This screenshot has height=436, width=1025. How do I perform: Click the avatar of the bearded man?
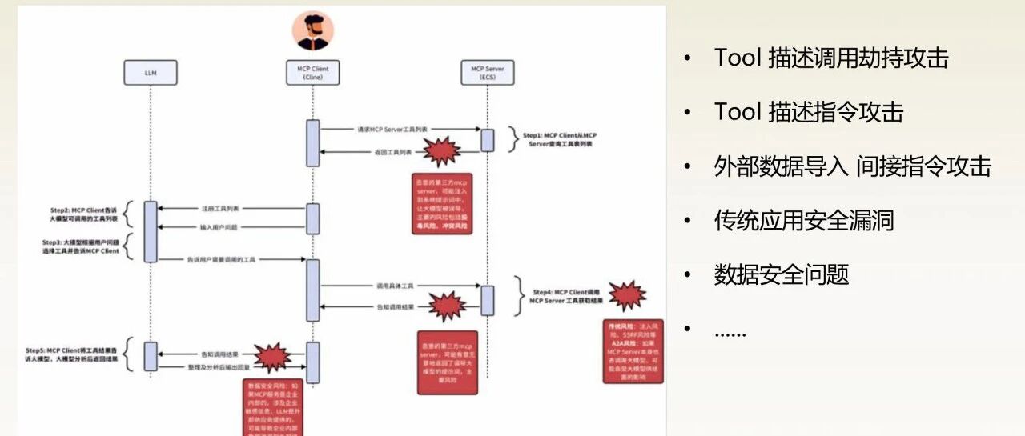point(312,30)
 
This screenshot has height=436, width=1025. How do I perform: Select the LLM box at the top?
point(150,74)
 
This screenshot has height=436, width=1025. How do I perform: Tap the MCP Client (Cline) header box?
point(312,74)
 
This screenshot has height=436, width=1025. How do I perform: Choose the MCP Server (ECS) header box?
point(487,74)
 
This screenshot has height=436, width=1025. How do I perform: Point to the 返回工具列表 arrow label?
point(392,152)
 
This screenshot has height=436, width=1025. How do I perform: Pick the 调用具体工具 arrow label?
point(393,286)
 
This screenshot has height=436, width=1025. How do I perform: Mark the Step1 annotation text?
point(560,141)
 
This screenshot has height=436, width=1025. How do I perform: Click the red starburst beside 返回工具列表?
point(441,150)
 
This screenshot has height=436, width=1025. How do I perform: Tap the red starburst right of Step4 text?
point(627,296)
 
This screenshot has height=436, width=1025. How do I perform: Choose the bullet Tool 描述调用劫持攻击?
point(830,58)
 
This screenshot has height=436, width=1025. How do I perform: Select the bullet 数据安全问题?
point(781,274)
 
